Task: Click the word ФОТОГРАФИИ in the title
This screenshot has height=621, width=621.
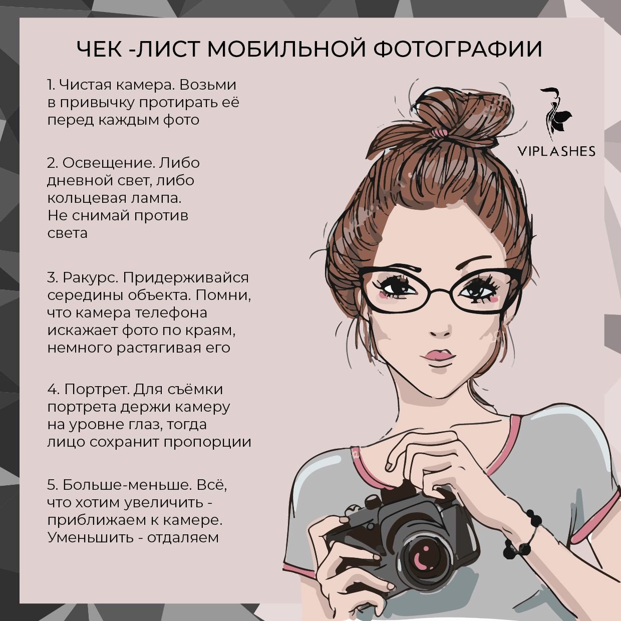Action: [x=458, y=49]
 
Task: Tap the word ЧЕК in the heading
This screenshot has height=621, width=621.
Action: [x=102, y=49]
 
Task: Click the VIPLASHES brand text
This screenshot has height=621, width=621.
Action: [x=556, y=151]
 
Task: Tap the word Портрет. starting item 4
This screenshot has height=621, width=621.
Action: [x=97, y=389]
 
